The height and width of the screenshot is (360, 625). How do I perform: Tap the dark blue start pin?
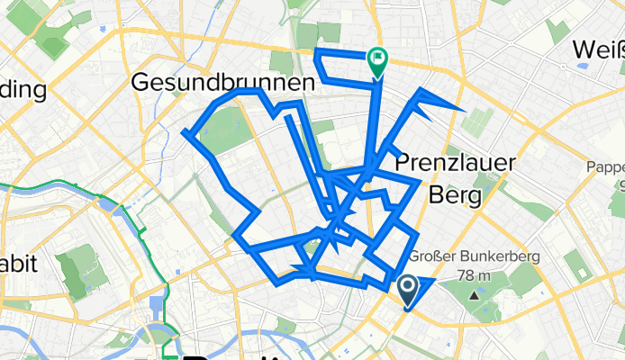tap(407, 291)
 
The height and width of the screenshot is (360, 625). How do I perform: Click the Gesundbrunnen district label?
tap(223, 82)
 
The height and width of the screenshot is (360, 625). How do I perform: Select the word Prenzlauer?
tap(456, 163)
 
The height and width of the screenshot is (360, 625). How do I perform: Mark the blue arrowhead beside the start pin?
tap(426, 284)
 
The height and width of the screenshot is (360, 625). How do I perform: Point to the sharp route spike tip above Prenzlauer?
tap(462, 110)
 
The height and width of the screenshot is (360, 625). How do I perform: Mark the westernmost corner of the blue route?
tap(185, 134)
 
